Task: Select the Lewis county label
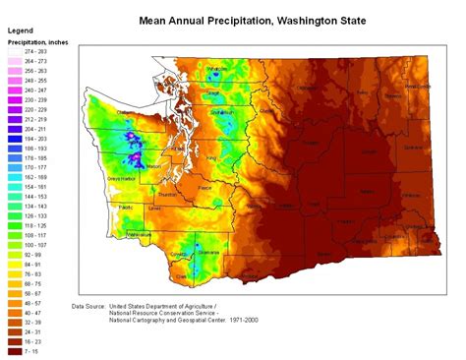[154, 209]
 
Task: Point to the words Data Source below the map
[92, 306]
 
